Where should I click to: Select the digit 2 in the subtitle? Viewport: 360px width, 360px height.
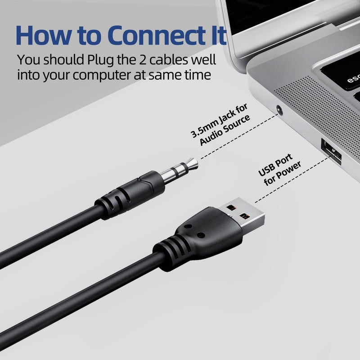pyautogui.click(x=143, y=60)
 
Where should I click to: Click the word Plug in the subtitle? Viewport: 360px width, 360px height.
pyautogui.click(x=100, y=61)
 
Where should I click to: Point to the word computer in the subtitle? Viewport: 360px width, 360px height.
pyautogui.click(x=102, y=75)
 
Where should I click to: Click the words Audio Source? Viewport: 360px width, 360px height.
pyautogui.click(x=225, y=130)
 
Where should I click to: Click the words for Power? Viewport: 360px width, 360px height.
pyautogui.click(x=283, y=174)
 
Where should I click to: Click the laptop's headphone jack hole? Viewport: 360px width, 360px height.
pyautogui.click(x=279, y=109)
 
